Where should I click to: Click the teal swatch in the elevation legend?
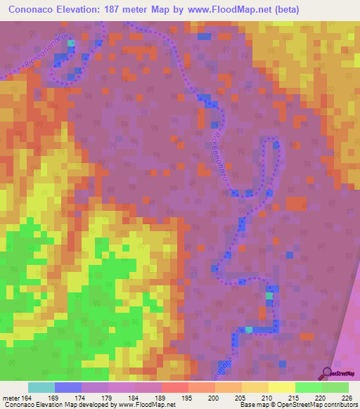coord(41,387)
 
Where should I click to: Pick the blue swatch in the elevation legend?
coord(68,387)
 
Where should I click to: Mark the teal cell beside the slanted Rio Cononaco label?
coord(70,43)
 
